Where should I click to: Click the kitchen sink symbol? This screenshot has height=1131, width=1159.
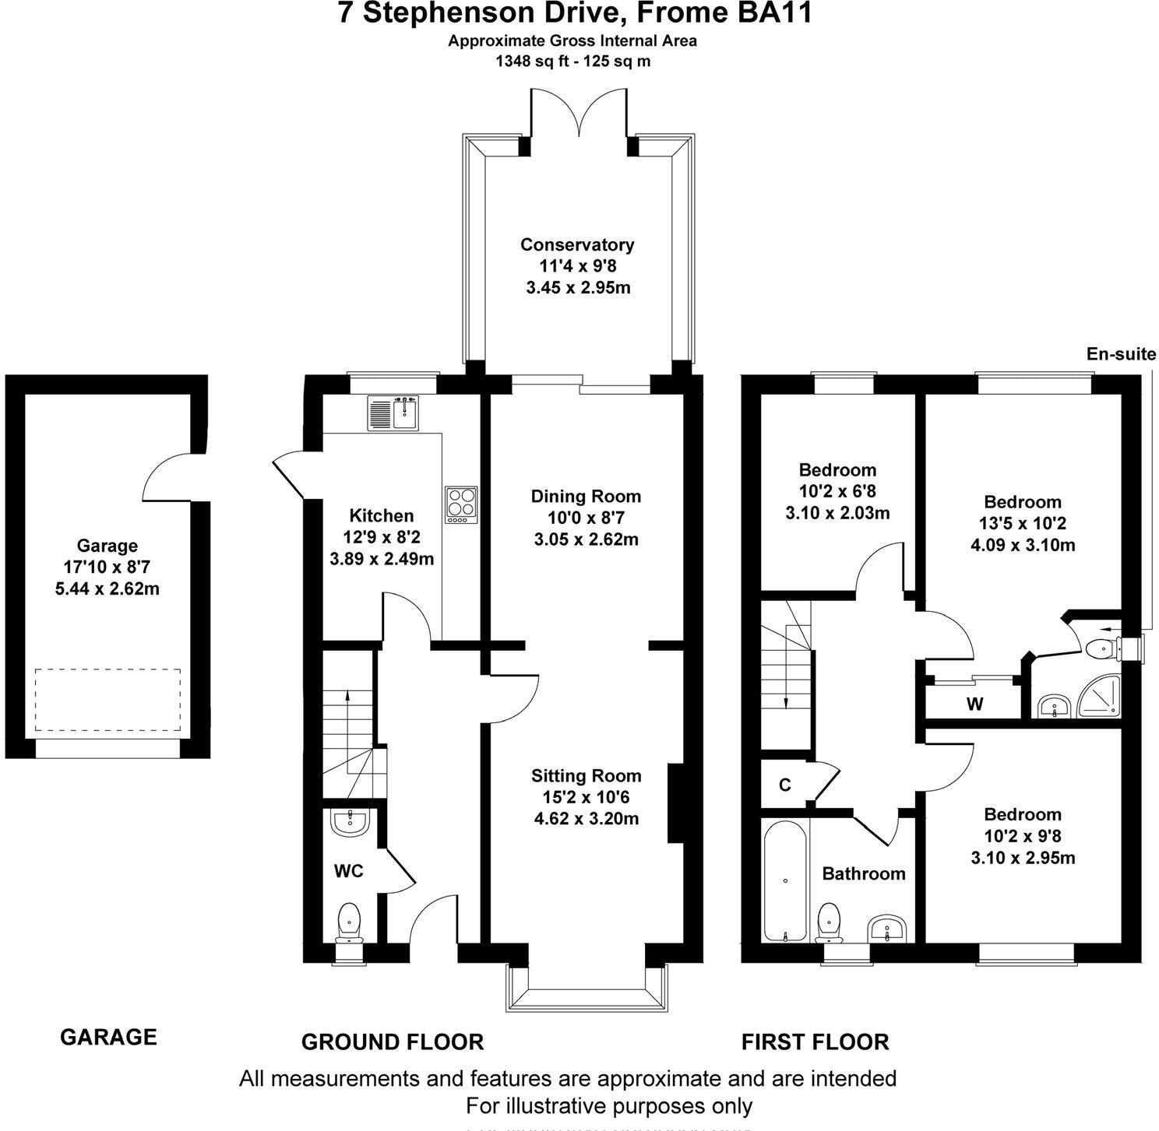click(395, 413)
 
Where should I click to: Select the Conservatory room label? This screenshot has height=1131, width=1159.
click(577, 244)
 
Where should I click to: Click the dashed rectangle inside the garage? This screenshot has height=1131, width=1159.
click(107, 699)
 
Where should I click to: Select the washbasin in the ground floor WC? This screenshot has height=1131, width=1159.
click(350, 823)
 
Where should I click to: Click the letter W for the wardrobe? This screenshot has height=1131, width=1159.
click(974, 704)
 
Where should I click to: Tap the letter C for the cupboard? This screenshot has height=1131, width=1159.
click(785, 785)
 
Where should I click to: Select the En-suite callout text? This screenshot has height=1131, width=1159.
click(1121, 354)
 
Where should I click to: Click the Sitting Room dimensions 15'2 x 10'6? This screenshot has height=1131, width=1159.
click(585, 797)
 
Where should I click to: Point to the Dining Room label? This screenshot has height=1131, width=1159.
click(586, 496)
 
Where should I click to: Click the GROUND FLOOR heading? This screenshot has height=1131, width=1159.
click(393, 1041)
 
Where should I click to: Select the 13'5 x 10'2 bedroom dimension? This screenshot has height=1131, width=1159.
click(1022, 524)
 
